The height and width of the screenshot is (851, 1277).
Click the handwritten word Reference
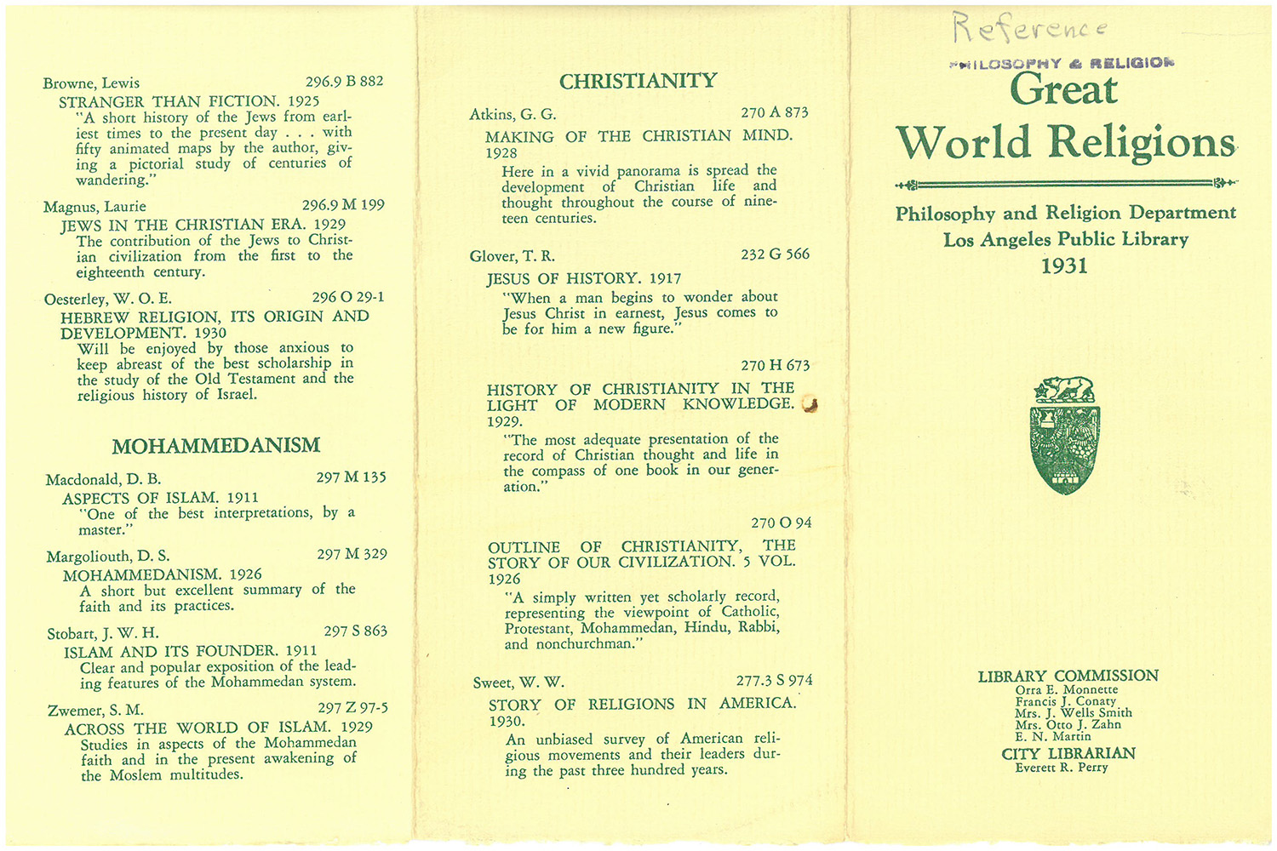click(1030, 28)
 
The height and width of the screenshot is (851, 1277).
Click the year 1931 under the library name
click(1064, 266)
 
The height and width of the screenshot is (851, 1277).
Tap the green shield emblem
click(1064, 448)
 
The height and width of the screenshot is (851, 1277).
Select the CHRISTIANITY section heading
click(638, 81)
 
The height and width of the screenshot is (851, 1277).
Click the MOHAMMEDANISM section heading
click(216, 445)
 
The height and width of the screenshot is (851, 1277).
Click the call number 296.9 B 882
click(344, 82)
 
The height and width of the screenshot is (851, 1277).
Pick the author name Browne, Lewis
click(91, 83)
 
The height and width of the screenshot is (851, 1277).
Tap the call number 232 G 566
click(775, 254)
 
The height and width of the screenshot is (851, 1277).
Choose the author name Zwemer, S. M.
click(94, 710)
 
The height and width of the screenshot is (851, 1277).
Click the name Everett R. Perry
click(1062, 768)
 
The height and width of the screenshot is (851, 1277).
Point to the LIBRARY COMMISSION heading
click(1068, 676)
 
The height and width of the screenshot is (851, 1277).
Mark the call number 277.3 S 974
click(774, 681)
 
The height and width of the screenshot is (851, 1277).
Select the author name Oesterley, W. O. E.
click(108, 299)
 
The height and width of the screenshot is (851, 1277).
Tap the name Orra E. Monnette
click(1067, 690)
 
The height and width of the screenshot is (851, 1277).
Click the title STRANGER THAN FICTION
click(169, 101)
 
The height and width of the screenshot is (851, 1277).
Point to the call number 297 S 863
click(355, 631)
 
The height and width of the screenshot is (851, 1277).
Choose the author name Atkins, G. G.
click(513, 114)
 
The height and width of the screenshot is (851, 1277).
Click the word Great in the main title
click(1063, 90)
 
